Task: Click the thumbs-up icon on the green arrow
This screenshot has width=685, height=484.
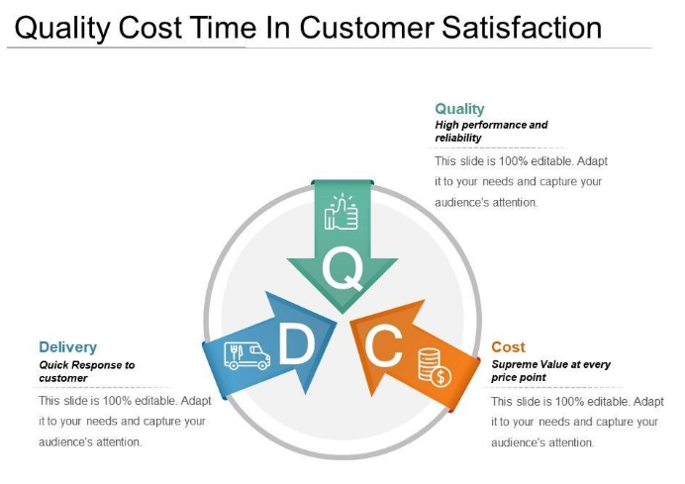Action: pos(342,212)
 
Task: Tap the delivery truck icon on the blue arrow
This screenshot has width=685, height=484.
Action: pos(246,355)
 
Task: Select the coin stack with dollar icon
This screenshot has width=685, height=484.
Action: pos(435,367)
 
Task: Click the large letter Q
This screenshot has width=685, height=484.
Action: pos(343,268)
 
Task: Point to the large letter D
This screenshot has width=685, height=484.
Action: pos(297,342)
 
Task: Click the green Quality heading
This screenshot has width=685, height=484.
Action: pos(459,109)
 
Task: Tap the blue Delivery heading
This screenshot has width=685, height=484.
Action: pos(67,346)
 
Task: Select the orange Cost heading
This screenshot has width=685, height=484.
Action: pos(508,346)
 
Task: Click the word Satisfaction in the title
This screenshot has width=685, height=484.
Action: pos(522,28)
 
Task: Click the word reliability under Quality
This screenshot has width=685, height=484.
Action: pos(458,138)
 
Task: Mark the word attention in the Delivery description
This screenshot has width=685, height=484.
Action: pos(119,442)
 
